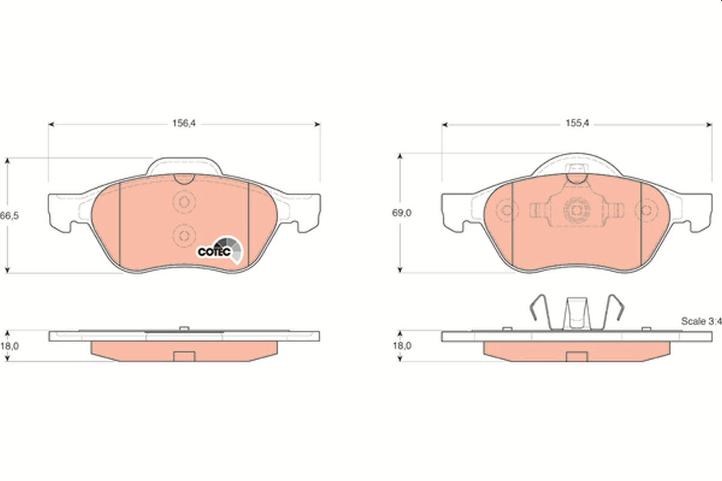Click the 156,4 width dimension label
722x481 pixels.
point(184,123)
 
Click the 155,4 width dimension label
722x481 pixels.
point(577,123)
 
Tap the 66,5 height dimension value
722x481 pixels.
point(10,215)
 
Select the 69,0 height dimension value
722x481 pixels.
point(402,213)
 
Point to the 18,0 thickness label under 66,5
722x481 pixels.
point(10,346)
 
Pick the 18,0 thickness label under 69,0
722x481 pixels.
point(402,346)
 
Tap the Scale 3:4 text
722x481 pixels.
point(701,321)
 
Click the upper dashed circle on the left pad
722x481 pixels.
point(184,203)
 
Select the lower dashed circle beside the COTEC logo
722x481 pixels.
point(184,236)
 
